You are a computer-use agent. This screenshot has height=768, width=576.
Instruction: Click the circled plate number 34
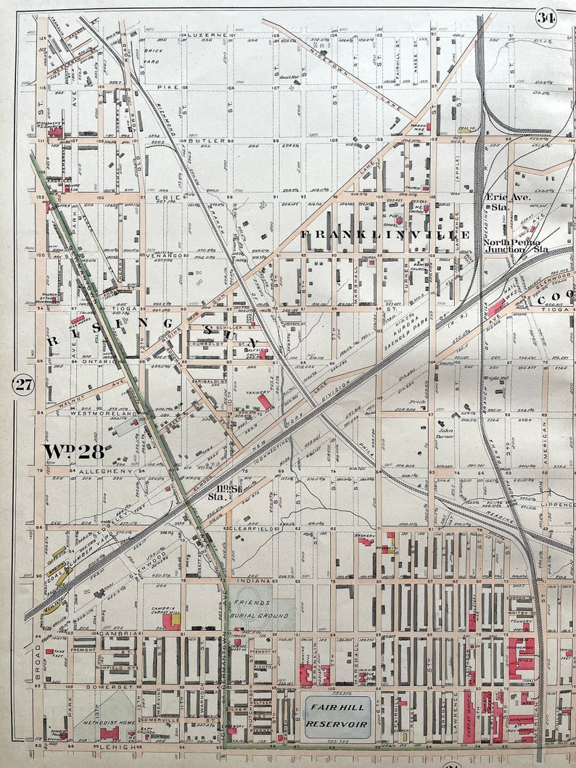pyautogui.click(x=546, y=18)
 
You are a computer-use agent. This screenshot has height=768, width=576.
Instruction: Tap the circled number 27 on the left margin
pyautogui.click(x=23, y=384)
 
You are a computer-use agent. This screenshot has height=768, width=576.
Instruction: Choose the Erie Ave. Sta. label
pyautogui.click(x=509, y=201)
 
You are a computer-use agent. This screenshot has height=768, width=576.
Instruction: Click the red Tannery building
pyautogui.click(x=266, y=401)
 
